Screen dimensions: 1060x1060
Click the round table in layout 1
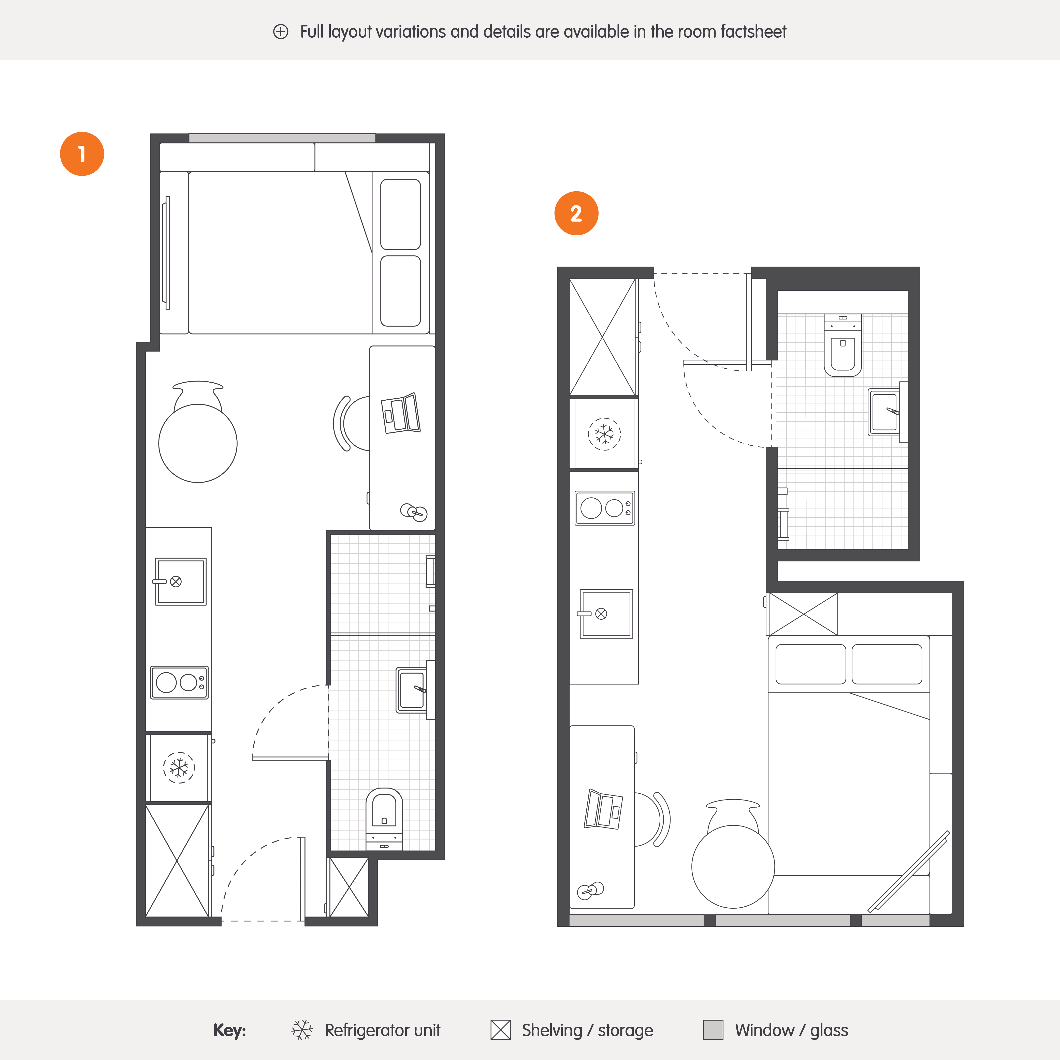198,443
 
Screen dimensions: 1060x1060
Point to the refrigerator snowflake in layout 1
179,767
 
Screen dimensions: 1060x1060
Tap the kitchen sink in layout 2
606,613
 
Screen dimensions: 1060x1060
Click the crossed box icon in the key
500,1030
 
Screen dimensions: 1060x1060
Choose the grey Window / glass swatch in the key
713,1030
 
